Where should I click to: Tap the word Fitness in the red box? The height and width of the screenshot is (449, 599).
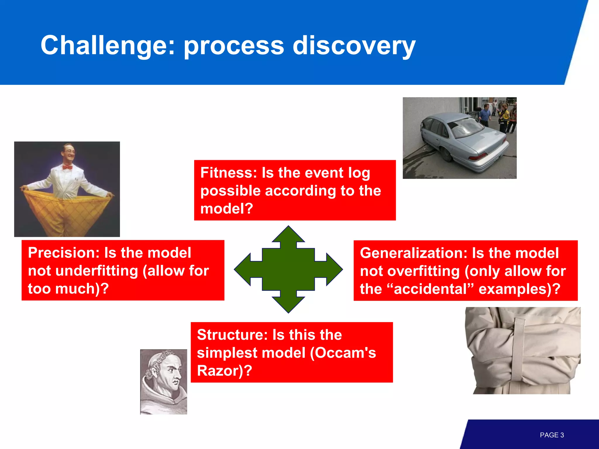coord(228,173)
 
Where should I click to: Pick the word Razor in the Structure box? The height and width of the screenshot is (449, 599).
coord(219,371)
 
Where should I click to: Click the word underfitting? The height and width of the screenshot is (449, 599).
coord(97,271)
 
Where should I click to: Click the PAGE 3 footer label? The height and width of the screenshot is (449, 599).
coord(552,435)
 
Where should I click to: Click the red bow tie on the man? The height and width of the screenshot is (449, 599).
coord(68,167)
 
